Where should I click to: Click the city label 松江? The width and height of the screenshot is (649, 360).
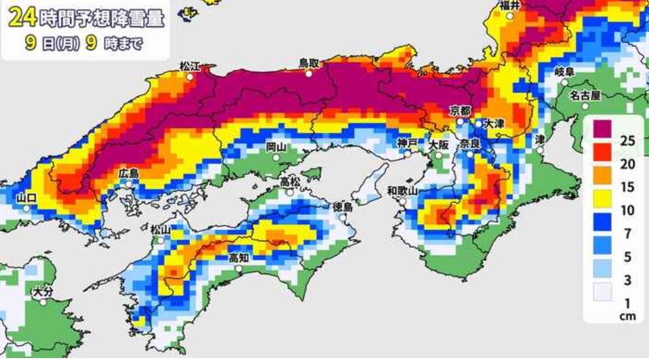pos(190,66)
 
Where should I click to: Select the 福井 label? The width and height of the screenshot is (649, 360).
pos(511,6)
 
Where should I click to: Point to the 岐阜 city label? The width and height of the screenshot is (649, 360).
pos(564,71)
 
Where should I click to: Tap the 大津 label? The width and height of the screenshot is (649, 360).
pos(494,122)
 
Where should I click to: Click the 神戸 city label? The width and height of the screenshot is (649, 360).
pos(407,142)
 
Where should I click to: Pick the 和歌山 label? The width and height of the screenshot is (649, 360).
pos(403,190)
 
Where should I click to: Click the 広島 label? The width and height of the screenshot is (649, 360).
pos(129,173)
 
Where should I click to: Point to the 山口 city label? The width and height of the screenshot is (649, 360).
pos(26,198)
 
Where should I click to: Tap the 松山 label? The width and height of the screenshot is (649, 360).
pos(160,229)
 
